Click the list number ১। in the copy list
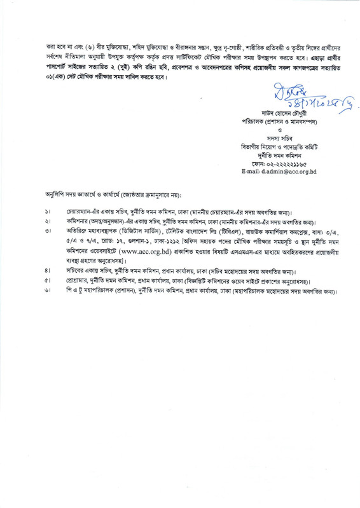[x=48, y=210]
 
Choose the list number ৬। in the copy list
[x=48, y=291]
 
